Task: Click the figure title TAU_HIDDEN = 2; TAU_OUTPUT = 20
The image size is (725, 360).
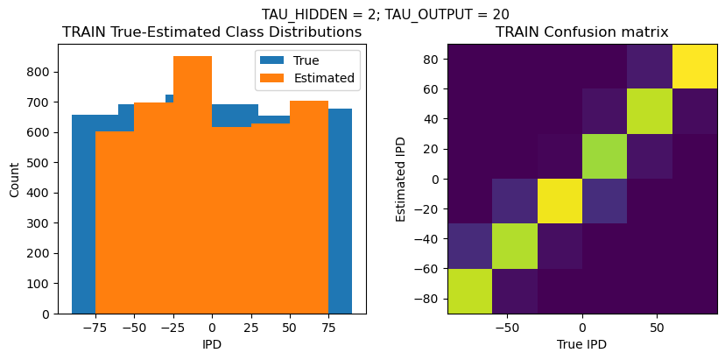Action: click(x=385, y=14)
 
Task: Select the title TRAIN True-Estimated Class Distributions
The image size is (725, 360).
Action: click(x=212, y=32)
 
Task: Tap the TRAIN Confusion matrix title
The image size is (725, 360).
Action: click(x=582, y=32)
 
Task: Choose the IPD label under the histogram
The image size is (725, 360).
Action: click(x=212, y=344)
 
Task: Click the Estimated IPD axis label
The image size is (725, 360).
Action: click(x=401, y=180)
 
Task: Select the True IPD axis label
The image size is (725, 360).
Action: click(x=582, y=344)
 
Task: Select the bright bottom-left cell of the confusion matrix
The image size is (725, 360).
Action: click(x=469, y=291)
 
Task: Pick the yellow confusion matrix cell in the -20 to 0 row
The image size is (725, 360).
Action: click(x=560, y=201)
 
